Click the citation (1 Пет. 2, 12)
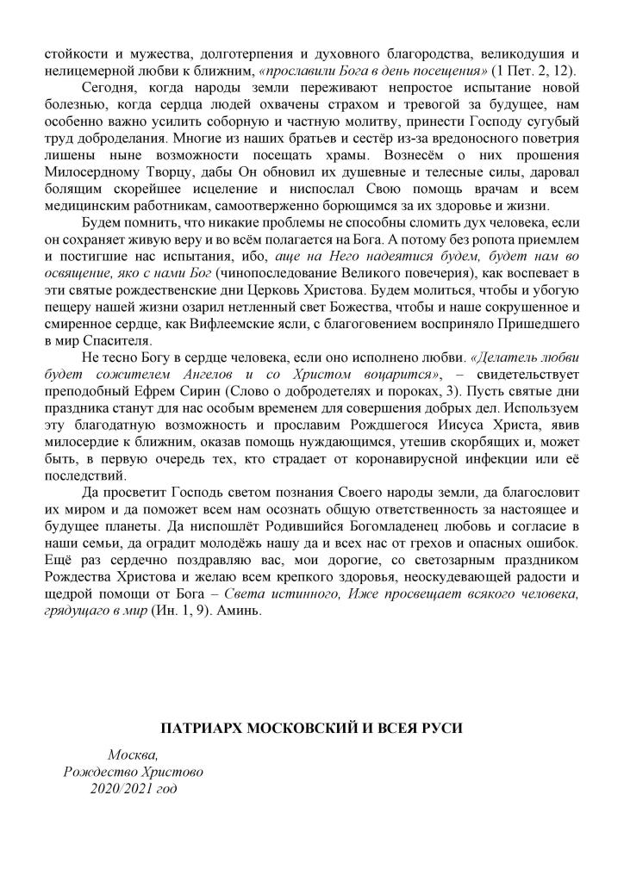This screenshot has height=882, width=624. pos(534,68)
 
